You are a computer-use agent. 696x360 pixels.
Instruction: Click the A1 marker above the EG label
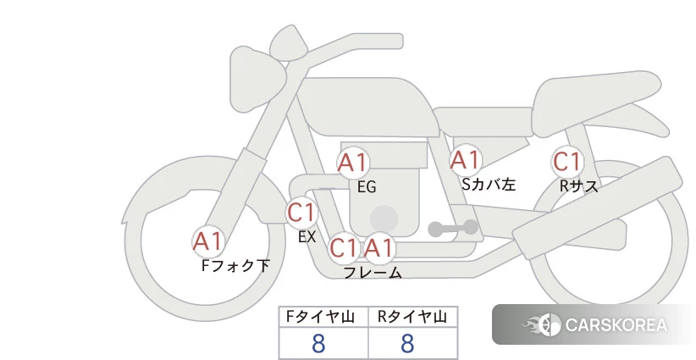click(353, 163)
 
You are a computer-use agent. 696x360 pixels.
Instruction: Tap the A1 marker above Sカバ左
click(466, 160)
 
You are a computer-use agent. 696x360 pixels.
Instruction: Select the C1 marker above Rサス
click(567, 162)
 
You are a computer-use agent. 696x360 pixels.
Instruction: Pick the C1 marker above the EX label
click(301, 213)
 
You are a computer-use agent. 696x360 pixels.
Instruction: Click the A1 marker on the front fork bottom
click(207, 241)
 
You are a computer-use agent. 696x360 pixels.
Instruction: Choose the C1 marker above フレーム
click(344, 247)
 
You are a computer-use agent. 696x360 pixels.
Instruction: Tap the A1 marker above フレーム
click(378, 247)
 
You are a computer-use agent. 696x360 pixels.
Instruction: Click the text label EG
click(367, 187)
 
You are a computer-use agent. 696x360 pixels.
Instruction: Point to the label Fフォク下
click(235, 265)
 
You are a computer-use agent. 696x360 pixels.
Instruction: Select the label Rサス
click(578, 186)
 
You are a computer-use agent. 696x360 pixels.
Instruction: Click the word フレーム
click(373, 273)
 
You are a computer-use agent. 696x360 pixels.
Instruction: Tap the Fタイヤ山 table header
click(320, 317)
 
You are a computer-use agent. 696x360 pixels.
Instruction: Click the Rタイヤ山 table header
click(412, 317)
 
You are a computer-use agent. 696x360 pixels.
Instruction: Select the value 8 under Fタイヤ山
click(318, 343)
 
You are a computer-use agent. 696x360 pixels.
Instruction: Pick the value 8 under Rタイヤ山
click(407, 343)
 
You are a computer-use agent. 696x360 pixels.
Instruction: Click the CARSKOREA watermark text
click(616, 325)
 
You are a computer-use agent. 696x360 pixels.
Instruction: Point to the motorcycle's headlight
click(257, 80)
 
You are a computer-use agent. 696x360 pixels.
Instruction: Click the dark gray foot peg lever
click(453, 228)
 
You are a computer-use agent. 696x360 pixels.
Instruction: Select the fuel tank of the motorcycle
click(367, 107)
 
